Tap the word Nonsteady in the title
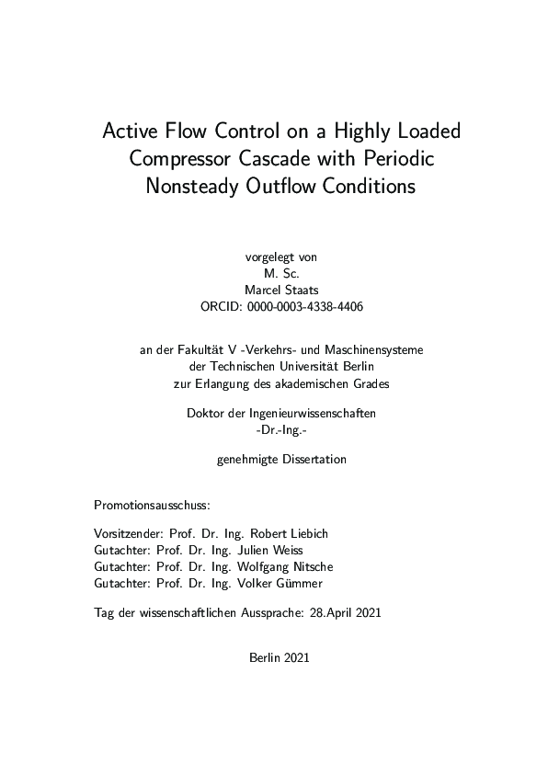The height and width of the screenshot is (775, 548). point(195,186)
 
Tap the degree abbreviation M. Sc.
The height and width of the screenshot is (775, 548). point(273,272)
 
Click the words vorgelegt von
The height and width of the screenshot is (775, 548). point(273,256)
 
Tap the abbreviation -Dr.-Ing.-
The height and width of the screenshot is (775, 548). point(273,430)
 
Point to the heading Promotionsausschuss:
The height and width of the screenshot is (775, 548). point(153,506)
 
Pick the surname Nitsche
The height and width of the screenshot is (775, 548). point(312,566)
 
